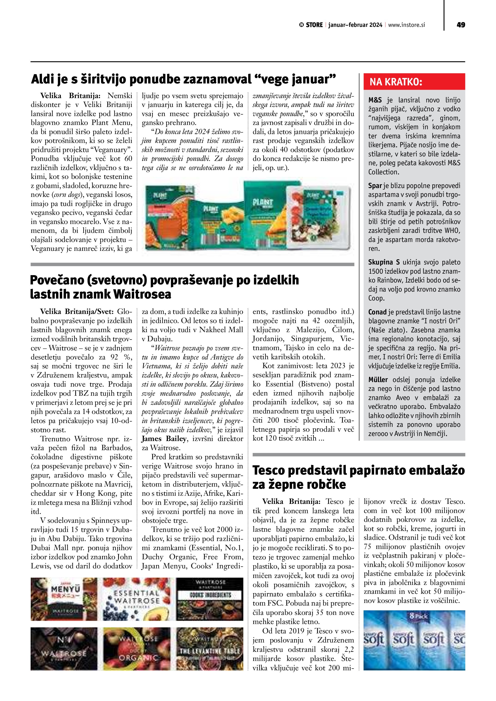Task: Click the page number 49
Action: [460, 25]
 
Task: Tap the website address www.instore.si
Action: [406, 25]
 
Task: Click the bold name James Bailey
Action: [164, 439]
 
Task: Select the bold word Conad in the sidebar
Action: [377, 312]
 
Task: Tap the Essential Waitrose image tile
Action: [136, 599]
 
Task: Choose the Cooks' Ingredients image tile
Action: [209, 599]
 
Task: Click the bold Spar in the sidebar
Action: [375, 186]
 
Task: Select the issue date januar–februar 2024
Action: [355, 25]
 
